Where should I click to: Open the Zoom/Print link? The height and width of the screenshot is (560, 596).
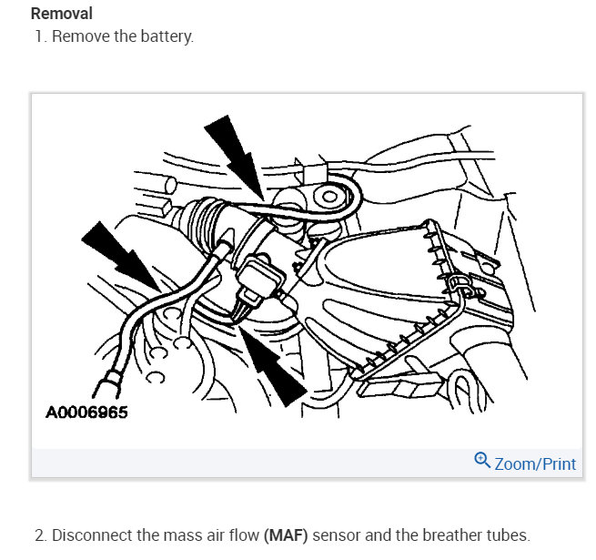535,463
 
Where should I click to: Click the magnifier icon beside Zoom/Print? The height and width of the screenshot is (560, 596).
482,462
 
